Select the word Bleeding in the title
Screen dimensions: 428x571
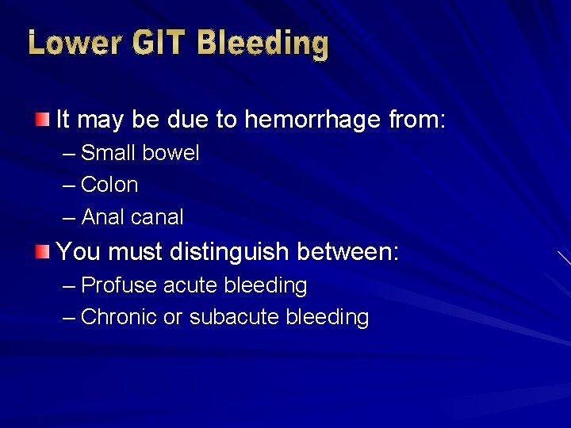pyautogui.click(x=263, y=43)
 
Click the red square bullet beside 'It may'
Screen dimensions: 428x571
pyautogui.click(x=41, y=120)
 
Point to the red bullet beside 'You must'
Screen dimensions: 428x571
pyautogui.click(x=41, y=252)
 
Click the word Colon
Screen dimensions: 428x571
pyautogui.click(x=109, y=185)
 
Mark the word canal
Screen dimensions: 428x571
pyautogui.click(x=159, y=217)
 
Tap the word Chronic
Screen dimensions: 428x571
pyautogui.click(x=119, y=317)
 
